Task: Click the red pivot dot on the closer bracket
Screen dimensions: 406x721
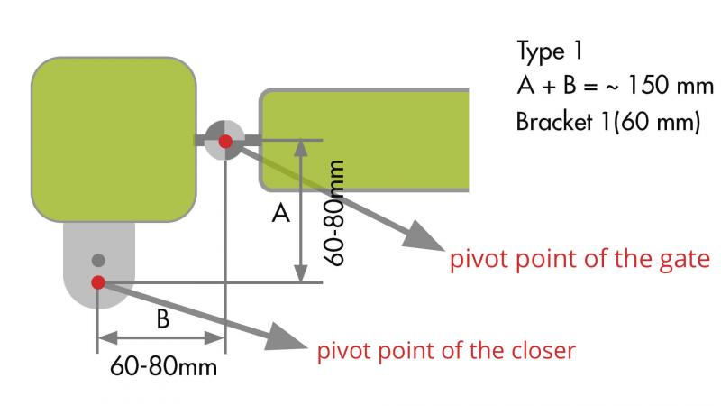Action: point(98,282)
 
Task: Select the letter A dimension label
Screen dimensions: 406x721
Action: point(281,215)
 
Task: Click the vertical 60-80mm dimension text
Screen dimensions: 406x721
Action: point(336,212)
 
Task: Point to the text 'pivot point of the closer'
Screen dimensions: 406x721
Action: point(445,349)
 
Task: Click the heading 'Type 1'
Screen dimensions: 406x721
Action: point(552,51)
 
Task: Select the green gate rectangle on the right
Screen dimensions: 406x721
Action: point(365,140)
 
